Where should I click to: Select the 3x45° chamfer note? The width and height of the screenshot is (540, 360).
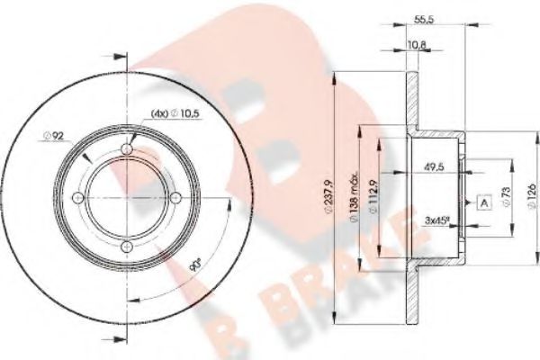tap(437, 219)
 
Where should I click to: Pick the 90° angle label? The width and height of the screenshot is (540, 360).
tap(194, 267)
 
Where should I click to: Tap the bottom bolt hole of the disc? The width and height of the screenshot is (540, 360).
tap(127, 245)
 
